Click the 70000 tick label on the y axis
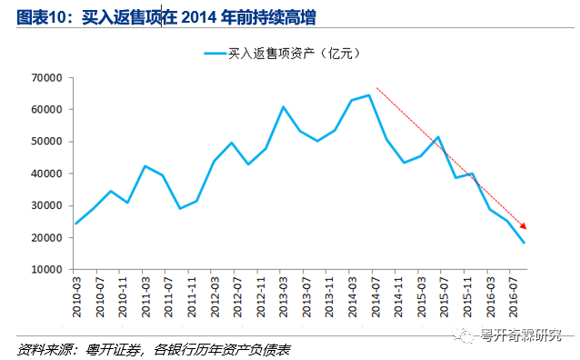pyautogui.click(x=46, y=78)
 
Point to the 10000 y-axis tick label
pyautogui.click(x=46, y=270)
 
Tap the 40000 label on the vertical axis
pyautogui.click(x=46, y=174)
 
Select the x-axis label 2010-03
pyautogui.click(x=76, y=297)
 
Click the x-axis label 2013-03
pyautogui.click(x=283, y=297)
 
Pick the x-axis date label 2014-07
pyautogui.click(x=375, y=297)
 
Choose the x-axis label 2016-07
pyautogui.click(x=513, y=297)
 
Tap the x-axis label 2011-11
pyautogui.click(x=191, y=297)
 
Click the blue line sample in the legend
pyautogui.click(x=215, y=54)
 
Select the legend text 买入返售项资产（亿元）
pyautogui.click(x=294, y=54)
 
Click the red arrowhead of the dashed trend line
pyautogui.click(x=523, y=225)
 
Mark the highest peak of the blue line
pyautogui.click(x=368, y=95)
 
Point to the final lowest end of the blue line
pyautogui.click(x=524, y=243)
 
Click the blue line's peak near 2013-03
pyautogui.click(x=283, y=107)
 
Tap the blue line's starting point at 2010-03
pyautogui.click(x=75, y=224)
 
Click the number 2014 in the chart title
pyautogui.click(x=198, y=17)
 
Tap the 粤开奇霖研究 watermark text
pyautogui.click(x=521, y=335)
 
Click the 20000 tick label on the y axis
pyautogui.click(x=46, y=238)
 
